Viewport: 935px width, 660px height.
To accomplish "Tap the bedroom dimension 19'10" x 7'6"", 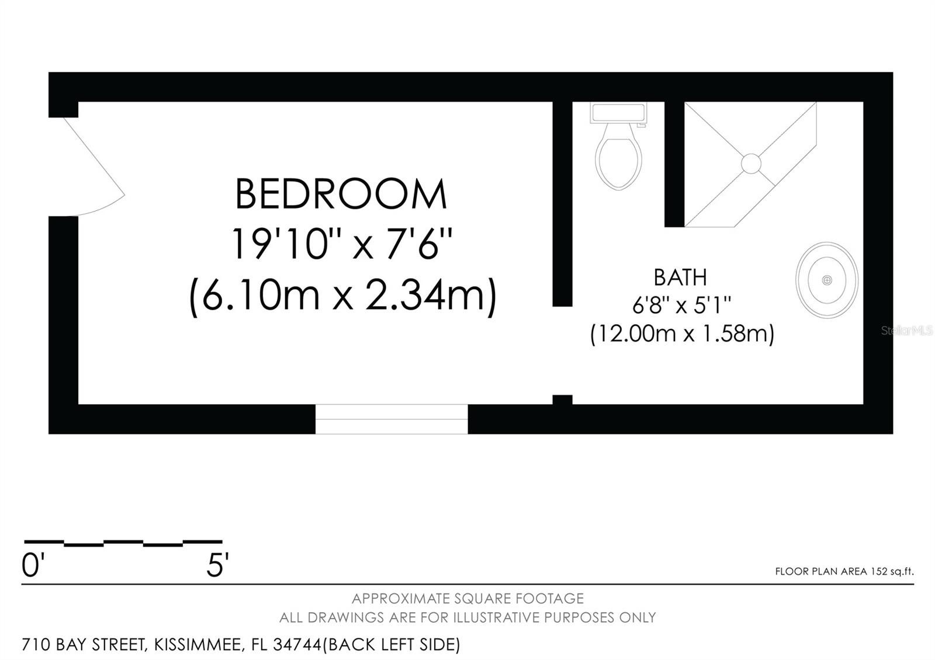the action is click(x=341, y=244).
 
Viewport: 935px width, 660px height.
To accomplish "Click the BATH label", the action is click(x=680, y=277).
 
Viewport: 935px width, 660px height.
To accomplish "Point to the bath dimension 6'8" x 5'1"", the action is click(x=681, y=305).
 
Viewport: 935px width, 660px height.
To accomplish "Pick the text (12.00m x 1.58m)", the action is click(x=682, y=334).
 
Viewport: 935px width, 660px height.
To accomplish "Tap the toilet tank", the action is click(x=618, y=113).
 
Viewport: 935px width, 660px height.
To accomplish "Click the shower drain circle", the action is click(x=751, y=164).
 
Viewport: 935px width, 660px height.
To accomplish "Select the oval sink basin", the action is click(x=827, y=280).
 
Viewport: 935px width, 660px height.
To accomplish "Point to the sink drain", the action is click(x=827, y=280).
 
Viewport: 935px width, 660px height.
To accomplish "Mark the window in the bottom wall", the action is click(x=392, y=419).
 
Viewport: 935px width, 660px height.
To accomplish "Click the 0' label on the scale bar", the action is click(x=33, y=566).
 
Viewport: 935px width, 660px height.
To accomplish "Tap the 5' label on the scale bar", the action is click(x=217, y=566).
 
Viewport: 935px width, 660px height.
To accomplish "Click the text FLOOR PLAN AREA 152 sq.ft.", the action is click(x=844, y=572).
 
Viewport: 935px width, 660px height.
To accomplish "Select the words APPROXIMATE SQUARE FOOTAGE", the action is click(x=467, y=599).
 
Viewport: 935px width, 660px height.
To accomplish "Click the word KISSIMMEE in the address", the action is click(x=198, y=645).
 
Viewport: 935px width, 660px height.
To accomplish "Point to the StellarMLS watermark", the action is click(x=906, y=331).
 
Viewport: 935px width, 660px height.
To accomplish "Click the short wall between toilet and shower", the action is click(x=674, y=164).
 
